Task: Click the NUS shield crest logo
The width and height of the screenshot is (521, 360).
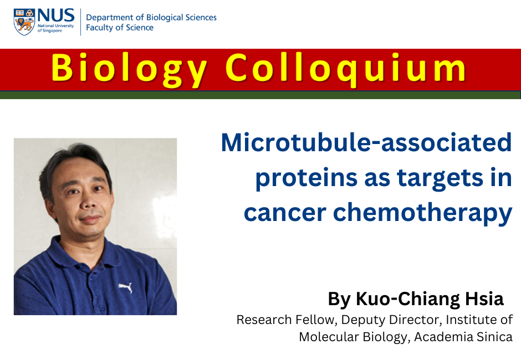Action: pos(24,22)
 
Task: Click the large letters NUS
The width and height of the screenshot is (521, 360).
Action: pos(56,16)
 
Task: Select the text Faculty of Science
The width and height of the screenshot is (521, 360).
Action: pos(120,28)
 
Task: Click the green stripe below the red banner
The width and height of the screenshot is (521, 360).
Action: pos(260,95)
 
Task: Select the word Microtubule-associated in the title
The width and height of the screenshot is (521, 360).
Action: pos(366,142)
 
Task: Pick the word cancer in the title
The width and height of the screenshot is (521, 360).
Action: pos(285,213)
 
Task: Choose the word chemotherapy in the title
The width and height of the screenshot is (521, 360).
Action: pos(423,213)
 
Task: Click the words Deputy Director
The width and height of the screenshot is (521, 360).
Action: pos(391,320)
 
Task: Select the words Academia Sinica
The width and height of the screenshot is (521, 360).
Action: pos(463,337)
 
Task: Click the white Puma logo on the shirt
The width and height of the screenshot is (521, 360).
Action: pos(126,287)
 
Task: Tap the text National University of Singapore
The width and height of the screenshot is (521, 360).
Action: pos(56,28)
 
